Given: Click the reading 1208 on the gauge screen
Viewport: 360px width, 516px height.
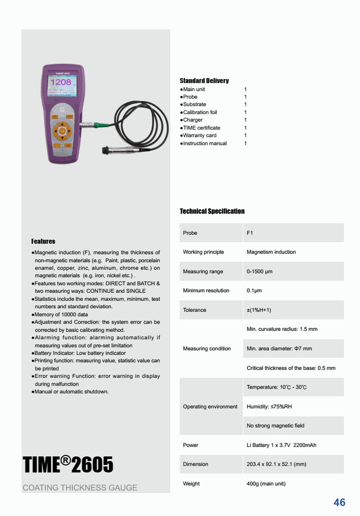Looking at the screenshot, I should pos(63,82).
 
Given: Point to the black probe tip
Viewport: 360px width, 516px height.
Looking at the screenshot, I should pos(106,150).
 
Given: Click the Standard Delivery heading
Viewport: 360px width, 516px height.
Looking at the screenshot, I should pos(204,81).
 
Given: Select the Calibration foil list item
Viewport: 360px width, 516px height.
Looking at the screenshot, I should pos(200,112).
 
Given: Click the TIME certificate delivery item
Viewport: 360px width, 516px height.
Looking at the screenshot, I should pos(201,128).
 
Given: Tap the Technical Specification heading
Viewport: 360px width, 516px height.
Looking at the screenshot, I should pos(212,211).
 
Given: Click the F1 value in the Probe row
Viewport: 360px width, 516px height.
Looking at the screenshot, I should pos(250,233).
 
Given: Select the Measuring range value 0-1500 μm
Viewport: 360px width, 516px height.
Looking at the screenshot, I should pos(259,271).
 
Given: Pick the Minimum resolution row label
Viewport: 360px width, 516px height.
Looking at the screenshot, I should pos(206,290).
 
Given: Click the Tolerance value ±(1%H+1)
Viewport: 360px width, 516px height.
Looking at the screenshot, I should pos(259,310).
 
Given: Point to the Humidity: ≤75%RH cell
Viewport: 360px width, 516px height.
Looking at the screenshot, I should pos(269,406).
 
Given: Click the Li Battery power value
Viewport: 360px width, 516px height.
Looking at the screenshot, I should pos(281,445).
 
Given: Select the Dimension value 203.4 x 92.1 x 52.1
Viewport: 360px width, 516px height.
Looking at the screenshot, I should pos(276,464).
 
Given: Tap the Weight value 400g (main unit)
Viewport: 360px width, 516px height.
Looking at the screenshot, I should pos(266,483).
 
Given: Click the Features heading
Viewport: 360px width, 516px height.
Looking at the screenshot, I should pos(43,241).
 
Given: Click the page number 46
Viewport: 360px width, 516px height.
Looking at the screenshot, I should pos(339,502).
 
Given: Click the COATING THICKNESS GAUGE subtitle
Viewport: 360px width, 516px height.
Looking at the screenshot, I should pos(80,487).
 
